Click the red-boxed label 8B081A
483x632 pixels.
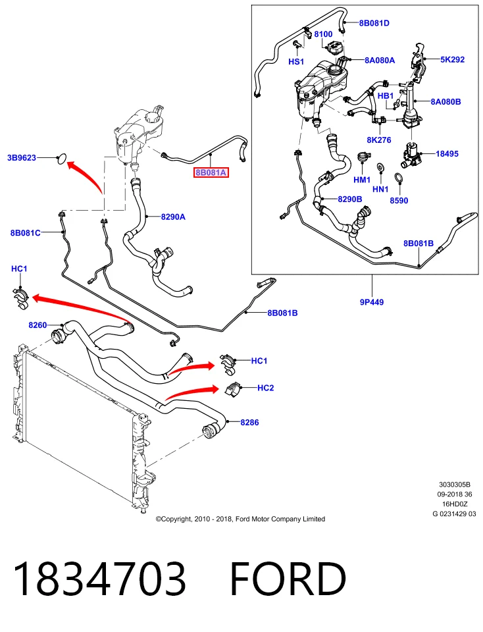[211, 173]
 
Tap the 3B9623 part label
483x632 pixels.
[22, 157]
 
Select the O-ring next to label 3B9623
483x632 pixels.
[61, 159]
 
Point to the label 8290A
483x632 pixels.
[173, 217]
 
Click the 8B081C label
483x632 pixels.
[26, 232]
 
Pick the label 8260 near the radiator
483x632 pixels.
[38, 325]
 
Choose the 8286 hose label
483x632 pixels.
[250, 423]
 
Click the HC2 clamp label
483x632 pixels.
[265, 388]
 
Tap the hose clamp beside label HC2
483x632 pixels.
[232, 389]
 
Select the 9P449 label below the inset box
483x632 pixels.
[372, 302]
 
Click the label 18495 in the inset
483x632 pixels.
[447, 153]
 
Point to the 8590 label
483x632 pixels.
[399, 200]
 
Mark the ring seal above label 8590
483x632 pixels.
[398, 178]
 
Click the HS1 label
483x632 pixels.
[296, 62]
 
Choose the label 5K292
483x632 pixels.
[452, 59]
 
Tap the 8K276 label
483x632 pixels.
[378, 140]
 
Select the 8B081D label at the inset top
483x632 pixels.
[374, 23]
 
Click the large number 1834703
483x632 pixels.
[100, 579]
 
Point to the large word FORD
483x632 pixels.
[288, 579]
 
